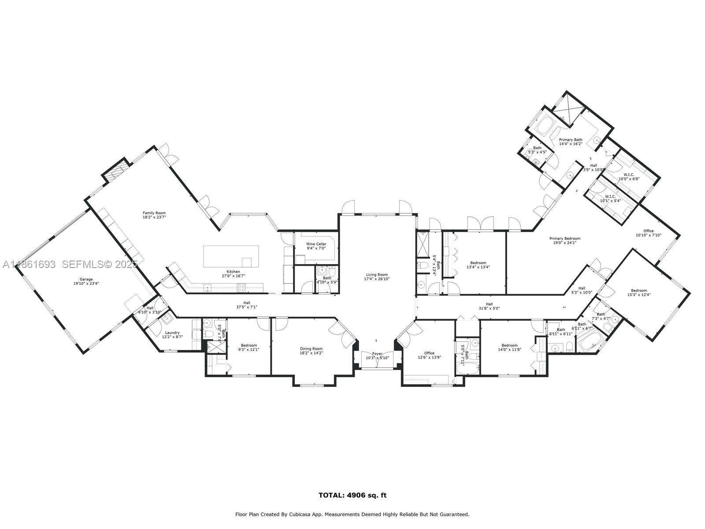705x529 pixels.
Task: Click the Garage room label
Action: (86, 279)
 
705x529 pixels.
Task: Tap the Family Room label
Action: (154, 213)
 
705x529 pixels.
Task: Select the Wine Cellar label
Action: (316, 244)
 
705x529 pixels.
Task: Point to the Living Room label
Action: (377, 275)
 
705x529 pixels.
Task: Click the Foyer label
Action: (378, 354)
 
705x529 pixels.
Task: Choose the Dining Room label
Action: (311, 349)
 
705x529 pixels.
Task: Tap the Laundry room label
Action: (172, 333)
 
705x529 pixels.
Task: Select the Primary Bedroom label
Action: (564, 238)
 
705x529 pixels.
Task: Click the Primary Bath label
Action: (571, 140)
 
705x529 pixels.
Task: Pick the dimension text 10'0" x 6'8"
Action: (629, 179)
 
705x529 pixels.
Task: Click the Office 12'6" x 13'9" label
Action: (429, 353)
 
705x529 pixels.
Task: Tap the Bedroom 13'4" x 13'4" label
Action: (478, 263)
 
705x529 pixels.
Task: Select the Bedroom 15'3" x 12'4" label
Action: (639, 291)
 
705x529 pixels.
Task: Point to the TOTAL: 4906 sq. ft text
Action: (352, 495)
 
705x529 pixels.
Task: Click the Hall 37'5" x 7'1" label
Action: (247, 303)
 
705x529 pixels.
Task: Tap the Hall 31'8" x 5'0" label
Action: (489, 304)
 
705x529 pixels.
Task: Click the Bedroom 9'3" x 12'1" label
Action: (249, 346)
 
